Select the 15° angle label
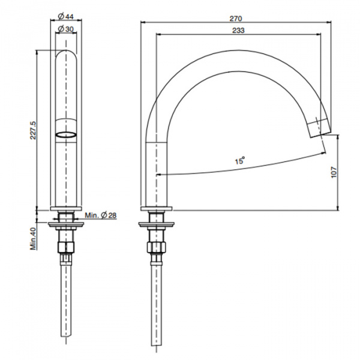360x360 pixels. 239,160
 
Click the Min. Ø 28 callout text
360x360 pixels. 100,215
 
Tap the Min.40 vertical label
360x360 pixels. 34,239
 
